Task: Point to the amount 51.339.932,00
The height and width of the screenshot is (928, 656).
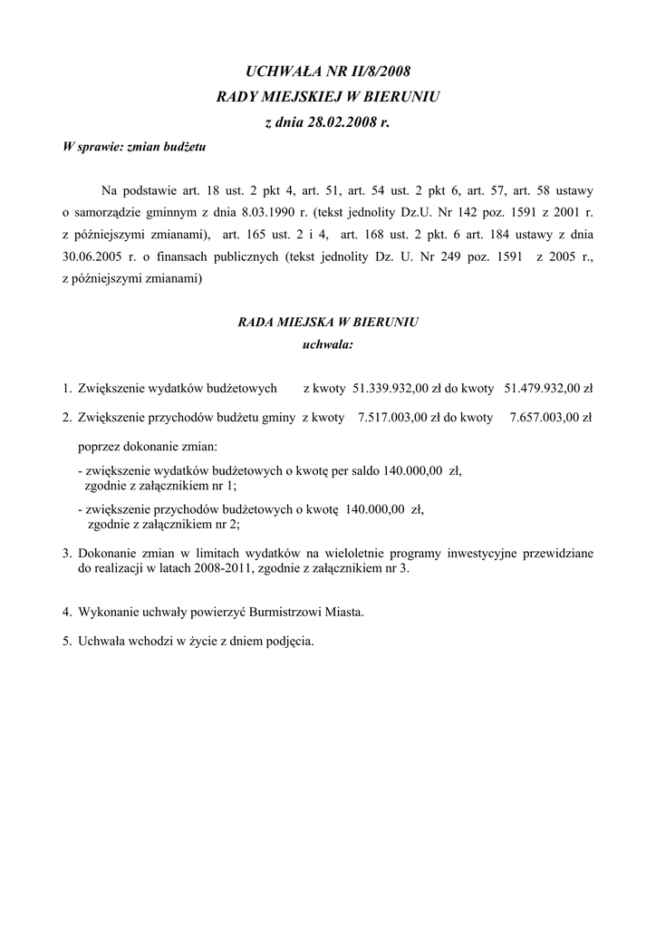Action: click(388, 389)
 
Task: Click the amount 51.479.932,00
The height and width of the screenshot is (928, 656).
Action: click(540, 389)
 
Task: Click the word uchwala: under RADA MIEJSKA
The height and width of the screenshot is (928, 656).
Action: click(327, 344)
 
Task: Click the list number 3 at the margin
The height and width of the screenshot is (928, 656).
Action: click(66, 552)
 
